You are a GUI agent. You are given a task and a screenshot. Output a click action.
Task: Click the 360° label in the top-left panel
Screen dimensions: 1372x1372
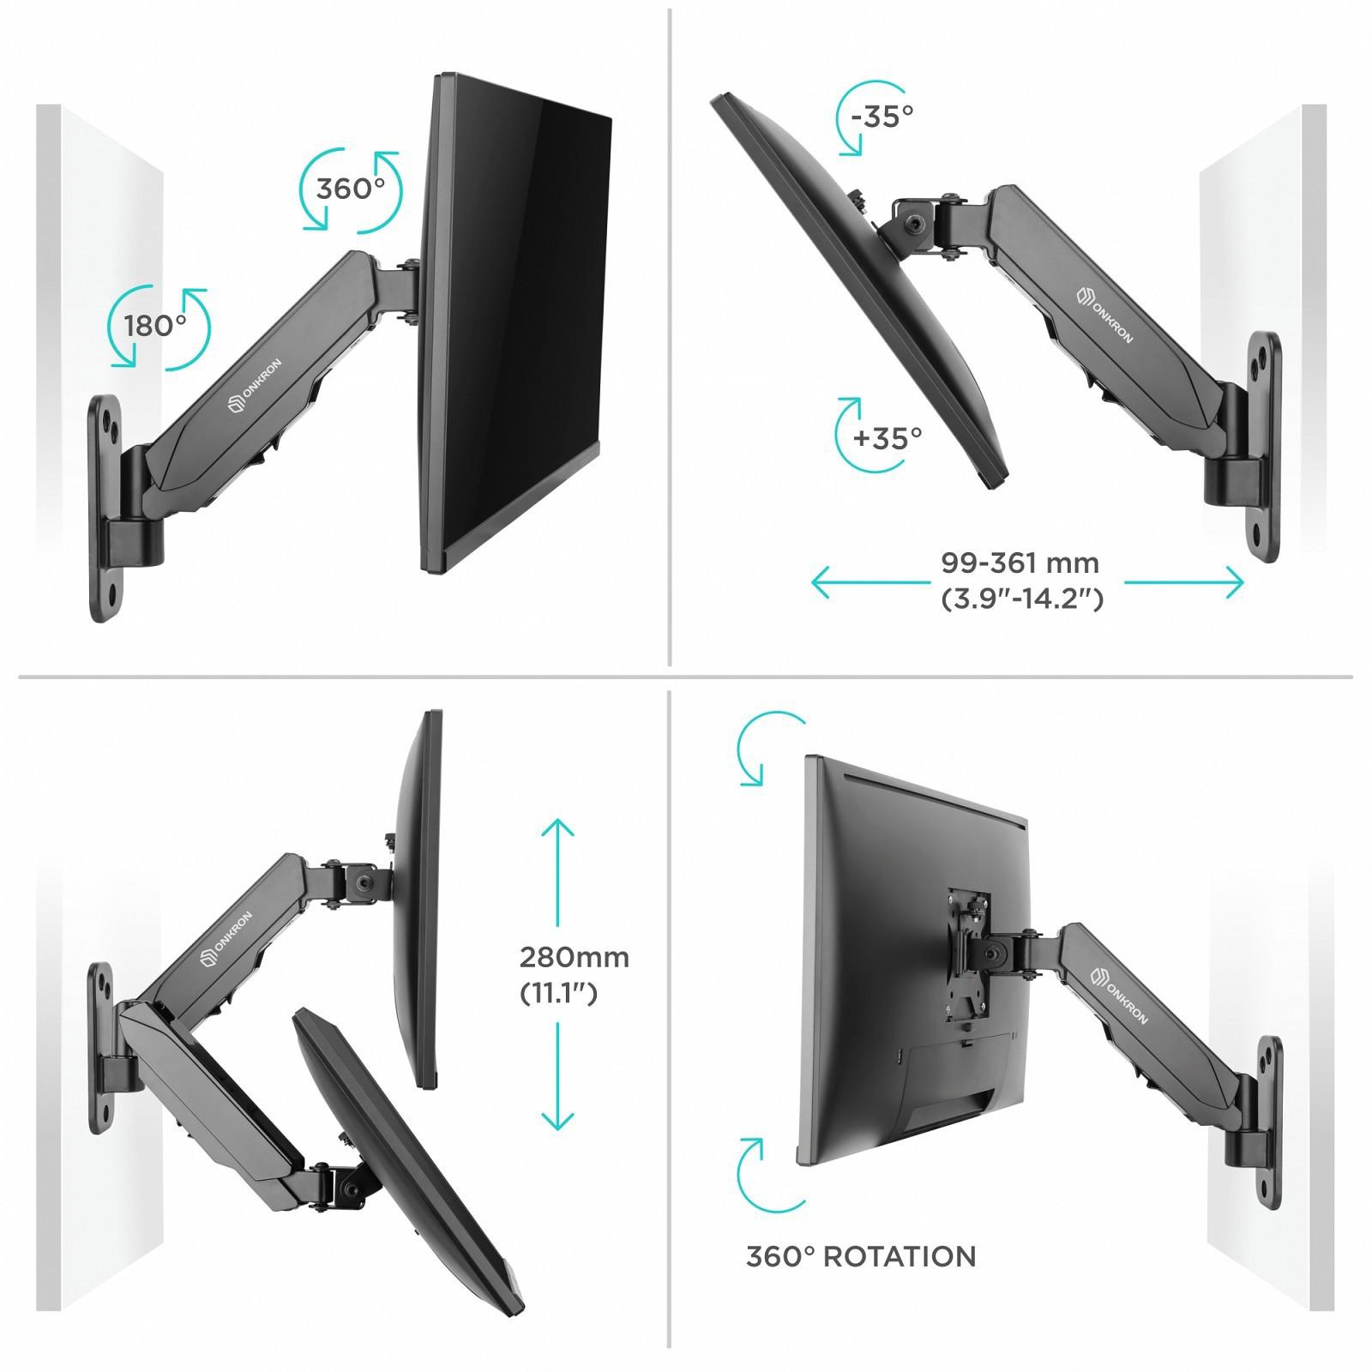point(351,189)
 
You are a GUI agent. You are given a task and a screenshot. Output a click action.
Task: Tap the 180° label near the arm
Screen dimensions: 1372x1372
point(156,326)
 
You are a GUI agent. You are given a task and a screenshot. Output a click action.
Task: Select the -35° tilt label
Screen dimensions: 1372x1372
point(882,115)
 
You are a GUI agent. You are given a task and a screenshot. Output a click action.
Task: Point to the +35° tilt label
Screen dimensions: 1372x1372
point(888,438)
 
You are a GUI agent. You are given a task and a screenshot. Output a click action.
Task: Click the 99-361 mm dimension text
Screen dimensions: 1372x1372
point(1020,563)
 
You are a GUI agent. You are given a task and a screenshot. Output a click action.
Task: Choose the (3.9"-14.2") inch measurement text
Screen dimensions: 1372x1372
point(1022,599)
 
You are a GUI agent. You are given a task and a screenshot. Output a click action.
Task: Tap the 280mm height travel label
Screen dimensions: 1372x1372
point(575,957)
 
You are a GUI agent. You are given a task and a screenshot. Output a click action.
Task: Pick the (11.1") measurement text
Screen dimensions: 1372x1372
point(558,993)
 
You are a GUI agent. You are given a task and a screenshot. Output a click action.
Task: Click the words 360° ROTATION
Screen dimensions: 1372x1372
point(861,1257)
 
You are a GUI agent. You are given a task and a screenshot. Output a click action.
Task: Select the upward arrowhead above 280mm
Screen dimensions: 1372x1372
point(558,827)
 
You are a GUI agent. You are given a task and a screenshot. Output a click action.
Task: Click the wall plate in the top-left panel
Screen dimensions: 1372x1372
point(106,508)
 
